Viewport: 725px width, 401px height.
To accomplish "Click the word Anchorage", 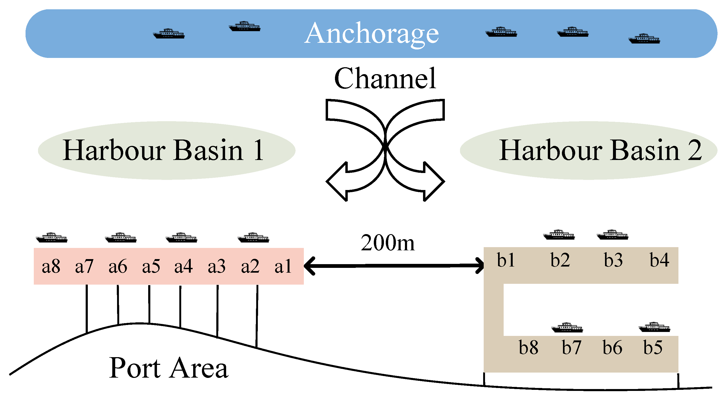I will coord(371,34).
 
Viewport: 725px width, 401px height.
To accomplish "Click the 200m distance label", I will coord(388,243).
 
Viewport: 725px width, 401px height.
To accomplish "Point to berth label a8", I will coord(51,266).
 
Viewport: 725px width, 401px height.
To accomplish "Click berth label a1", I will coord(283,266).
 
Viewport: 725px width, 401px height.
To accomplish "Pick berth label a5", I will coord(151,266).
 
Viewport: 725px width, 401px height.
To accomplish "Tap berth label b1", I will coord(506,260).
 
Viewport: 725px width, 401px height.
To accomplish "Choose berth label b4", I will coord(659,260).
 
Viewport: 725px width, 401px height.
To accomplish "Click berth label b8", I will coord(528,348).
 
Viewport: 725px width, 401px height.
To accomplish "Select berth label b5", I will coord(653,348).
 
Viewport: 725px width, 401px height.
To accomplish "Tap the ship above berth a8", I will coord(52,238).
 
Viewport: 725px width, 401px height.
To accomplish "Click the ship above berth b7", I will coord(567,328).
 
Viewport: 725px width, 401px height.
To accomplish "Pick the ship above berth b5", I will coord(654,327).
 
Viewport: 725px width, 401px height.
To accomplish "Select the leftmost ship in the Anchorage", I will coord(169,34).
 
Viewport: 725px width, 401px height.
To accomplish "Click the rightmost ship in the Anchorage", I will coord(644,39).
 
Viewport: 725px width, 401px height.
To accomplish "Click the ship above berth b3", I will coord(612,235).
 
